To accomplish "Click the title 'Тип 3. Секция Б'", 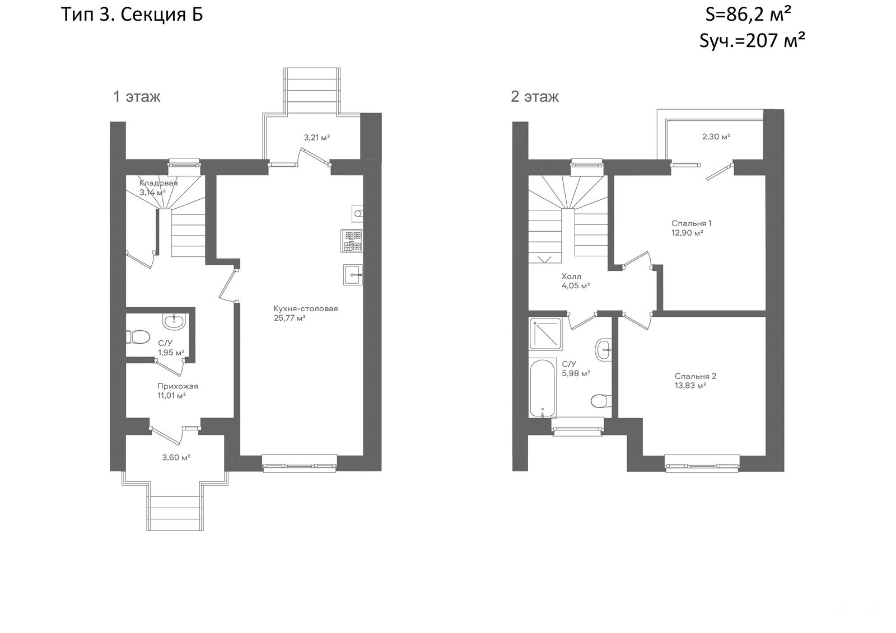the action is [x=132, y=15].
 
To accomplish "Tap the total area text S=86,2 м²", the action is [x=748, y=15].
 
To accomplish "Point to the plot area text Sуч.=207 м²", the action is [x=752, y=41].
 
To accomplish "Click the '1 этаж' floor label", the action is [x=137, y=97].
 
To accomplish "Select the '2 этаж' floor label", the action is [x=535, y=97].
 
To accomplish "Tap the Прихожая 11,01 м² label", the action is [x=178, y=391].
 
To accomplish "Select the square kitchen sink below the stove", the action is [x=353, y=275].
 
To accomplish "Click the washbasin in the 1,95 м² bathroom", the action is [x=174, y=321].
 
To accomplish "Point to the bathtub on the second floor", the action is [x=543, y=388].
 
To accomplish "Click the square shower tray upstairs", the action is [x=545, y=334].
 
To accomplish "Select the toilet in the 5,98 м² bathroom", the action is [x=601, y=401].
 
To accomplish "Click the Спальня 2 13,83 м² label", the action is [x=696, y=381].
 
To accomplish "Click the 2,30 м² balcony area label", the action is [x=716, y=137].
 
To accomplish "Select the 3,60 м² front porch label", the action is [x=176, y=457].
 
